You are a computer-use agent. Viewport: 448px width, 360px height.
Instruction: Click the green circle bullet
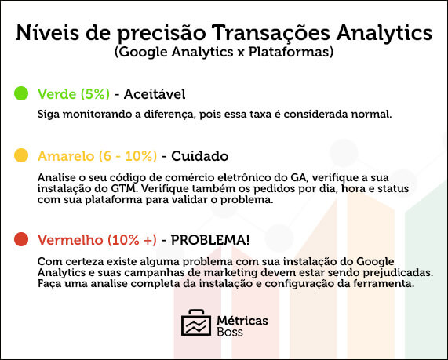pos(21,93)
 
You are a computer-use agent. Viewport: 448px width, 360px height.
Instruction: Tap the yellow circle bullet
pos(21,155)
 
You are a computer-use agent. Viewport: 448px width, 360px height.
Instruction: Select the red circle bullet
pos(21,239)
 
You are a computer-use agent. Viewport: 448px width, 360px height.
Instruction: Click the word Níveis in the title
pos(47,33)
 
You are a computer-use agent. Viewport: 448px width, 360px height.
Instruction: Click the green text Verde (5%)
pos(74,94)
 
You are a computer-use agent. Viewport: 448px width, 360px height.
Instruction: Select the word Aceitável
pos(155,94)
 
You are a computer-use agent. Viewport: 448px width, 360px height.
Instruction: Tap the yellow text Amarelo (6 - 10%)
pos(97,156)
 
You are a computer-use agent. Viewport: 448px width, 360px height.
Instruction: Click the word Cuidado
pos(200,156)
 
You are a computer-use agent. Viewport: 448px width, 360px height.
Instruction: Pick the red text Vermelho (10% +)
pos(97,240)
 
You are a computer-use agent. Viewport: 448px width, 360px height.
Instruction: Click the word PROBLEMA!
pos(210,240)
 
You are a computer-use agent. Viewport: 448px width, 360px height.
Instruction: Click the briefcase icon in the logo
pos(196,322)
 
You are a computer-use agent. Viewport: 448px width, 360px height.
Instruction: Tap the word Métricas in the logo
pos(242,321)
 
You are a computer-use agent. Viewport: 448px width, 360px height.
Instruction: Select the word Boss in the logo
pos(230,332)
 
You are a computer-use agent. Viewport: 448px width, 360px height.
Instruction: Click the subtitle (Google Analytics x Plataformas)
pos(224,53)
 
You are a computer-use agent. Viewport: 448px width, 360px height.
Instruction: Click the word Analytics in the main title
pos(384,34)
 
